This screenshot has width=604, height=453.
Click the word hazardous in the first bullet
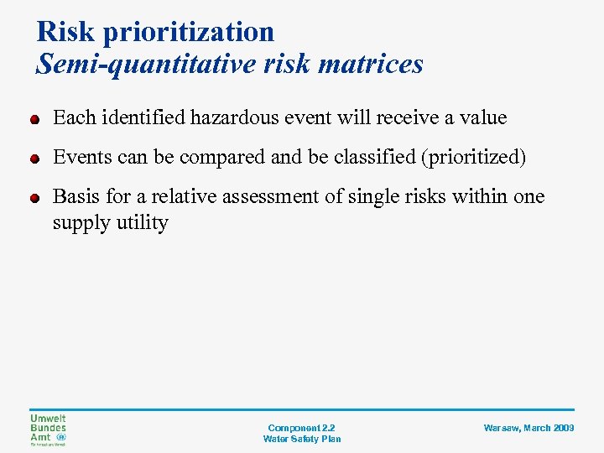click(x=237, y=118)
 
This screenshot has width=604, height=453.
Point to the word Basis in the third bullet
click(x=74, y=196)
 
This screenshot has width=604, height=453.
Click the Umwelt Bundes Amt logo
click(x=49, y=429)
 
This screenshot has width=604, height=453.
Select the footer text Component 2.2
click(x=301, y=428)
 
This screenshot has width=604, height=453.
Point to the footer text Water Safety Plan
click(x=301, y=439)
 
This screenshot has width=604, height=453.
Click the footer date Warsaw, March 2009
click(x=528, y=428)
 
